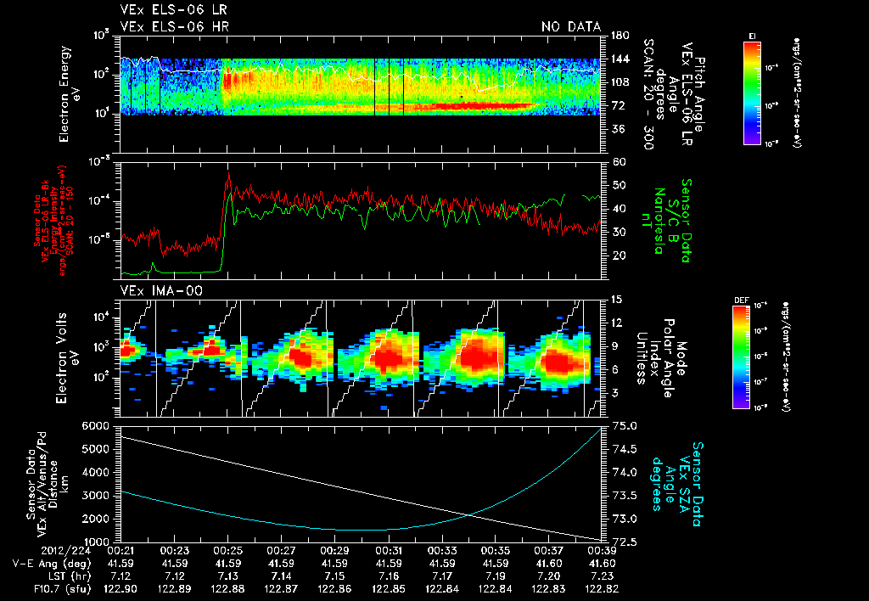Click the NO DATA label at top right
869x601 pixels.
click(570, 27)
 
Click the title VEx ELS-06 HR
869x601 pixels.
click(174, 27)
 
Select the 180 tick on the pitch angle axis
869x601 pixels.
click(619, 36)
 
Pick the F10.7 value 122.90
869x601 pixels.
click(121, 587)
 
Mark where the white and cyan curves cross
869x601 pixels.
click(468, 514)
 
